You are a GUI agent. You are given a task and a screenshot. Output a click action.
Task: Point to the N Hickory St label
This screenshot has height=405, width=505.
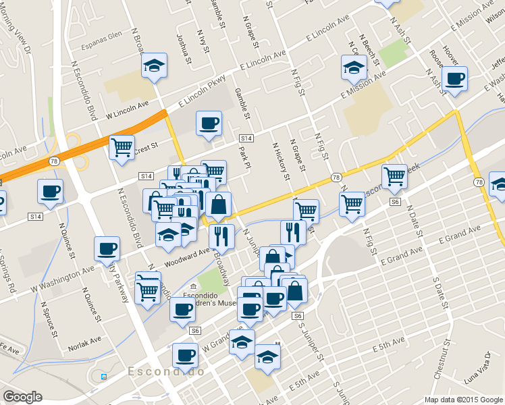(280, 160)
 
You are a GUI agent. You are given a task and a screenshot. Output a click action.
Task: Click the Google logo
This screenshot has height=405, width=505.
(22, 397)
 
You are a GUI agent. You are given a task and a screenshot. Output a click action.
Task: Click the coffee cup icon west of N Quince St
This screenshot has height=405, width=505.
(50, 191)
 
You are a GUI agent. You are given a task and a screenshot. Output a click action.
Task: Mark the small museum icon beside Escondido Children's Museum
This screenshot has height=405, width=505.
(193, 286)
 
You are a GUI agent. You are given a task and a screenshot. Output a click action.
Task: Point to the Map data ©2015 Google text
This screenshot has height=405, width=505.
(463, 400)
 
